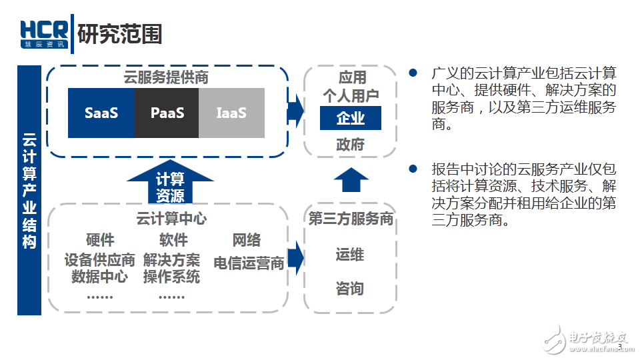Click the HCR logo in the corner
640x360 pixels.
pos(43,34)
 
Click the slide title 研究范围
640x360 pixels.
pos(120,34)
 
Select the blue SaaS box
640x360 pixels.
pos(101,113)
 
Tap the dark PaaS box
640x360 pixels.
pos(167,113)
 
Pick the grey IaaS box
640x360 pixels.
pos(231,113)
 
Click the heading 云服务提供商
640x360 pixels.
pos(166,77)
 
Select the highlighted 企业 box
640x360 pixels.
pos(350,118)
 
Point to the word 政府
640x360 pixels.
pos(350,145)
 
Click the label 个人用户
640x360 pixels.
pos(350,96)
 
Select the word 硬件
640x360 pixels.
pos(100,240)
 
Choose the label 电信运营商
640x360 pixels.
pos(249,263)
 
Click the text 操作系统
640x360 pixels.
pos(171,277)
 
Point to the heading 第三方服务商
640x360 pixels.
pos(350,219)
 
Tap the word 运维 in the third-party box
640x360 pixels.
pos(350,255)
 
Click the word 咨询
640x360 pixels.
pos(350,288)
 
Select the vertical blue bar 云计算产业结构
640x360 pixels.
pos(29,190)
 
